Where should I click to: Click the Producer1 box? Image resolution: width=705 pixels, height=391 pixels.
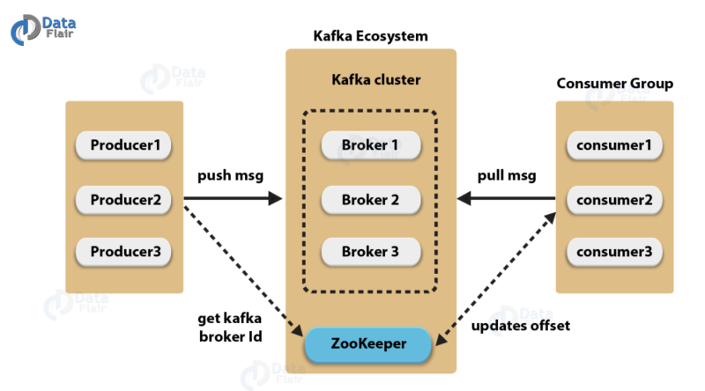[x=123, y=145]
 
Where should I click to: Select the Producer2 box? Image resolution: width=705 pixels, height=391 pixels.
[x=123, y=200]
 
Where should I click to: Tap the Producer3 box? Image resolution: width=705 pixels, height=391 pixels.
[x=123, y=252]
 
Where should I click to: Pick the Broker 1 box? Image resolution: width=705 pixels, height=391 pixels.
[x=371, y=145]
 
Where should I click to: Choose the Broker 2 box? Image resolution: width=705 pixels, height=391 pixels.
[x=371, y=200]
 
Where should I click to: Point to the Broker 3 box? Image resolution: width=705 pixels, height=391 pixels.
[x=371, y=252]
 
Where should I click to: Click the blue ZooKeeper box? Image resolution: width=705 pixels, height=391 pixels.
[x=368, y=344]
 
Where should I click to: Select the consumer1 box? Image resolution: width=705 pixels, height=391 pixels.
[x=614, y=145]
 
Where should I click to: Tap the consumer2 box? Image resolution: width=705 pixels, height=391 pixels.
[x=614, y=200]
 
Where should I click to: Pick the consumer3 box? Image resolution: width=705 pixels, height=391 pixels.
[x=614, y=252]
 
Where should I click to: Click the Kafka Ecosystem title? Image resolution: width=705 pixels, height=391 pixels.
[x=370, y=36]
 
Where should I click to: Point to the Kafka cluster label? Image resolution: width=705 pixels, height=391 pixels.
[x=376, y=79]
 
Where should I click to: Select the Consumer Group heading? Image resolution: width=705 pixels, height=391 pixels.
[x=614, y=84]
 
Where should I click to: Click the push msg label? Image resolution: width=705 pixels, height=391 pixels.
[x=230, y=175]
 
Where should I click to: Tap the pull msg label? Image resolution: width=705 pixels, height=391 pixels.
[x=507, y=175]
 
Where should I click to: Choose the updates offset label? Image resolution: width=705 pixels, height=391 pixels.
[x=521, y=325]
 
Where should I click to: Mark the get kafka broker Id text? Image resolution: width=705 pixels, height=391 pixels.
[x=230, y=328]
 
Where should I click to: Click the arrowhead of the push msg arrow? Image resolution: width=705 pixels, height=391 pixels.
[x=275, y=198]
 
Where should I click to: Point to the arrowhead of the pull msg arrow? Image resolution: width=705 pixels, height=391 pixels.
[x=464, y=198]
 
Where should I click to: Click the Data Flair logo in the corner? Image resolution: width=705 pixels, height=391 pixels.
[x=43, y=29]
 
